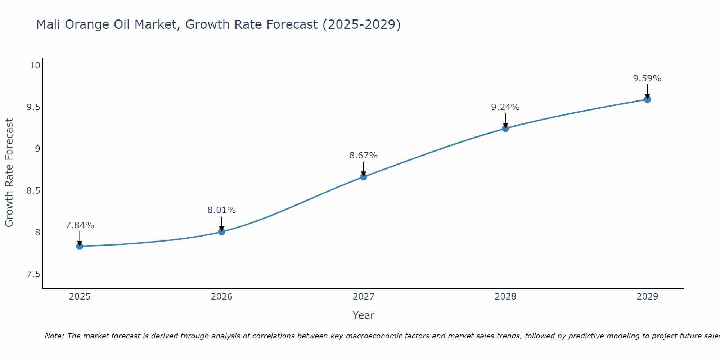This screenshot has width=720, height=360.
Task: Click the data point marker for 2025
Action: click(x=80, y=246)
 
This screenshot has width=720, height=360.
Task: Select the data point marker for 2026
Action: click(x=221, y=231)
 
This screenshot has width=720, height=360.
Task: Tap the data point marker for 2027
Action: click(x=363, y=177)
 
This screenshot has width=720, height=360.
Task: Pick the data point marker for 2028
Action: click(x=505, y=128)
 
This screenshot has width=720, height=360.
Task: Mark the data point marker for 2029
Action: click(x=647, y=99)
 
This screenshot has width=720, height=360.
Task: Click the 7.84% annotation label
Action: click(x=80, y=225)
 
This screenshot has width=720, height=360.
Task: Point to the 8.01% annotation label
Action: click(x=221, y=210)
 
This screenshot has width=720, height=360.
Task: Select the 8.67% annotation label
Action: click(x=363, y=156)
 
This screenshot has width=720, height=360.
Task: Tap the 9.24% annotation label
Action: click(x=505, y=107)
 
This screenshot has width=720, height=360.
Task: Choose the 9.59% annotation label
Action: click(x=647, y=78)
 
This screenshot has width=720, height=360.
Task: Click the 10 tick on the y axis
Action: click(x=35, y=66)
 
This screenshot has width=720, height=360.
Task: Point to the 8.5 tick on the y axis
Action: click(x=33, y=191)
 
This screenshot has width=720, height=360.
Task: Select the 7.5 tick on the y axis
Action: click(x=33, y=274)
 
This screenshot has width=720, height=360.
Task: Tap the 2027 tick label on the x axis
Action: click(x=363, y=297)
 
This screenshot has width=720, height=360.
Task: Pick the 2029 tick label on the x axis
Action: click(x=647, y=297)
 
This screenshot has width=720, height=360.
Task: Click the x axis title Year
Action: click(x=363, y=315)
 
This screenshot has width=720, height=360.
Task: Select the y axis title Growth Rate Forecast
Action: click(x=9, y=173)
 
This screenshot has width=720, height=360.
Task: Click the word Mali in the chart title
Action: click(x=48, y=24)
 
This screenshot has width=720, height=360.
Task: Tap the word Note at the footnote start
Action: click(x=54, y=336)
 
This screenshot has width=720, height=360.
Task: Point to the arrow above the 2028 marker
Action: click(x=505, y=121)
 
